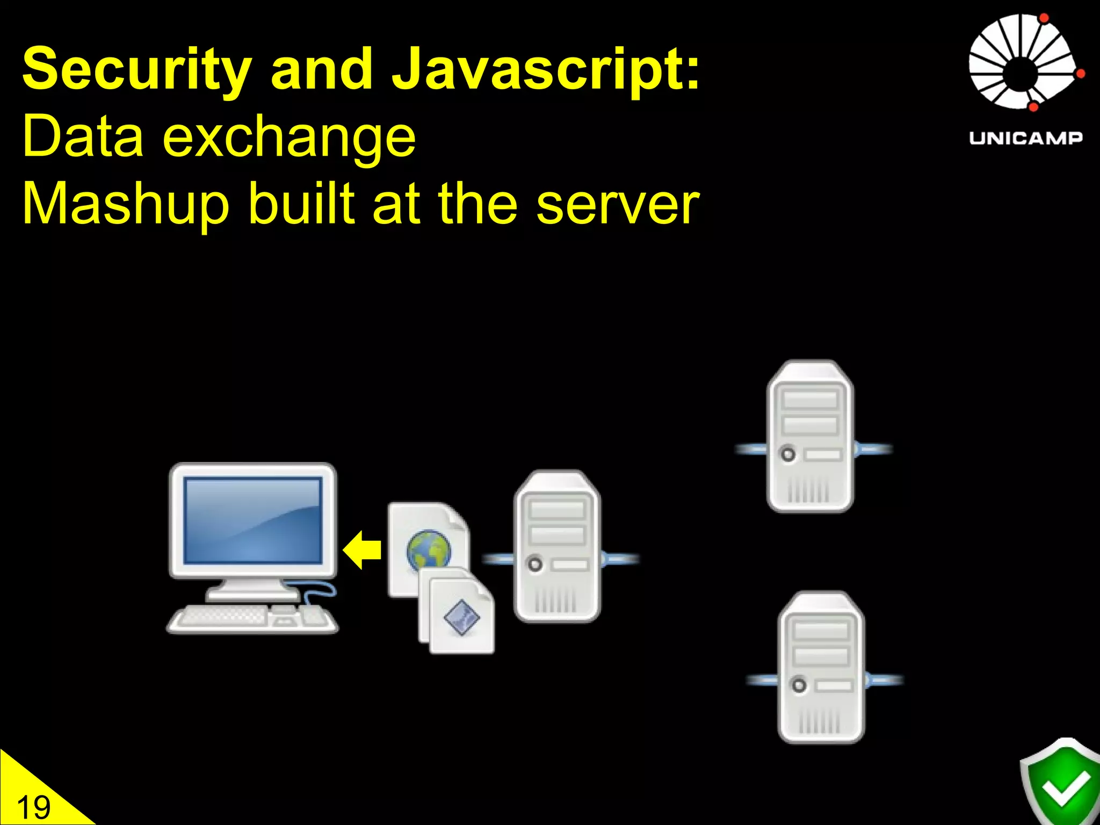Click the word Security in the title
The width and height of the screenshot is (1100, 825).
(x=137, y=70)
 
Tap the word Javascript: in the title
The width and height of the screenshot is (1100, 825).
(x=546, y=70)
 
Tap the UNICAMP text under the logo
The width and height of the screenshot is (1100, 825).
(x=1025, y=138)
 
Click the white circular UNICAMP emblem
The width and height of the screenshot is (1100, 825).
(x=1023, y=62)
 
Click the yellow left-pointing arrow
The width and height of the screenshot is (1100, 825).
(x=363, y=549)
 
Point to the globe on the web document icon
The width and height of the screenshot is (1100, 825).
(x=428, y=550)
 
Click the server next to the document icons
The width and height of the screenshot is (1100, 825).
(x=557, y=546)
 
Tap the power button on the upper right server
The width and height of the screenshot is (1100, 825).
(x=788, y=454)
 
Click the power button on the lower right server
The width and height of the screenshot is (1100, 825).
(x=799, y=686)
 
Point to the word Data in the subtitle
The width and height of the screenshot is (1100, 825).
(x=83, y=137)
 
